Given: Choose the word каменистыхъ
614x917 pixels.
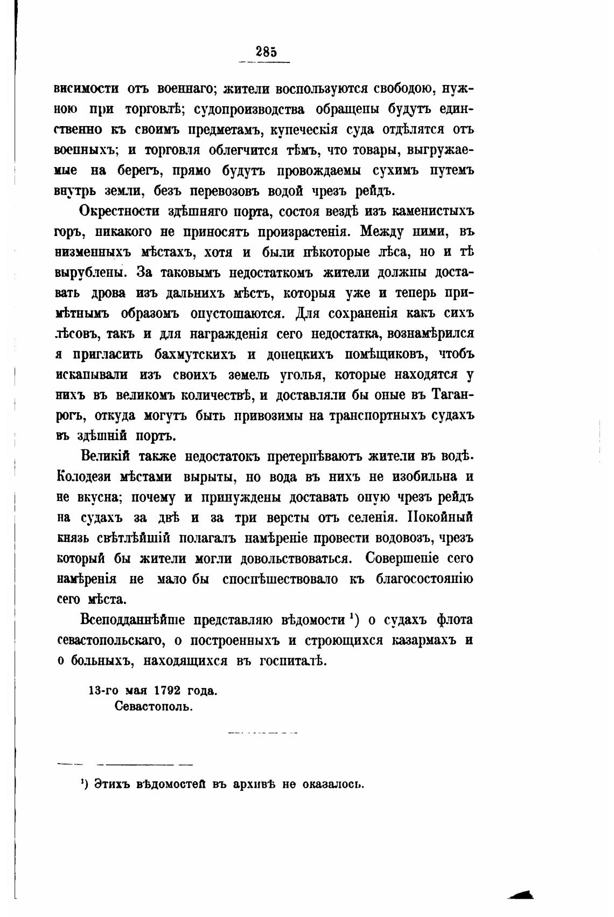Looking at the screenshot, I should pos(422,211).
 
